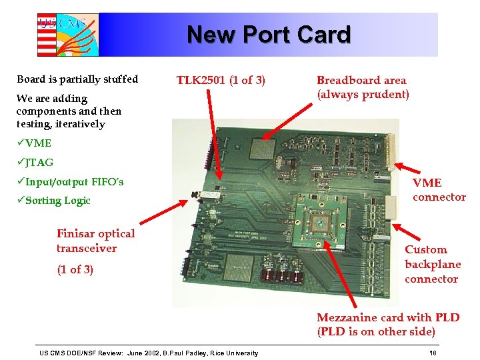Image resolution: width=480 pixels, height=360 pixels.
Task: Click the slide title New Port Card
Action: pyautogui.click(x=268, y=34)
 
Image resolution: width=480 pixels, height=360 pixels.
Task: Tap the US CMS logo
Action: pyautogui.click(x=67, y=34)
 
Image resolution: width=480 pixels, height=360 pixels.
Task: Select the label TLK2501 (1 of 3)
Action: pyautogui.click(x=221, y=81)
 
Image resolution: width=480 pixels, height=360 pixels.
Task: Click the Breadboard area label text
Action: pyautogui.click(x=361, y=80)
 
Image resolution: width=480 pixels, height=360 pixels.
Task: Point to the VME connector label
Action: pyautogui.click(x=439, y=189)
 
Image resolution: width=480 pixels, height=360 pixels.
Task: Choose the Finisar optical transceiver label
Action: pyautogui.click(x=95, y=241)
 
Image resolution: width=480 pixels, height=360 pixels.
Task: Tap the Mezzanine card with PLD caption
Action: pyautogui.click(x=388, y=325)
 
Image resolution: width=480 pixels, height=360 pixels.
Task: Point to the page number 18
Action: pyautogui.click(x=433, y=353)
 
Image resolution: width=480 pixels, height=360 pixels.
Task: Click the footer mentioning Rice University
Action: pyautogui.click(x=148, y=353)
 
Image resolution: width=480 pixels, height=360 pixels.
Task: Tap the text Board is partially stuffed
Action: pyautogui.click(x=77, y=79)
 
